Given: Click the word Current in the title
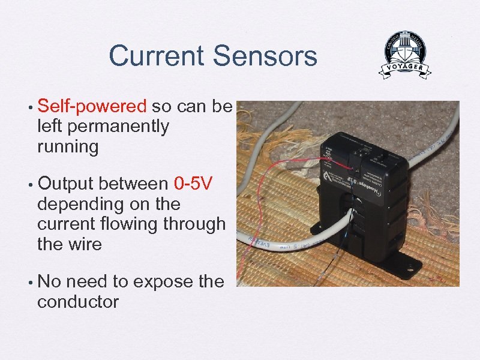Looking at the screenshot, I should [156, 57].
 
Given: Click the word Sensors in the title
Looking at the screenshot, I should [264, 57].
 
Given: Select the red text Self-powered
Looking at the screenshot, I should [92, 107].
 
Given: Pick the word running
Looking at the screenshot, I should [67, 146].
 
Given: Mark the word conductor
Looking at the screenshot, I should [78, 301].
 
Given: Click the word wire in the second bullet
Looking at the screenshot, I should [83, 244].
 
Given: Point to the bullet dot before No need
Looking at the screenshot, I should [29, 282].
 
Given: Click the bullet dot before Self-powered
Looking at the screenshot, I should [29, 107].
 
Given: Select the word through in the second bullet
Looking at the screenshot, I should [196, 224].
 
